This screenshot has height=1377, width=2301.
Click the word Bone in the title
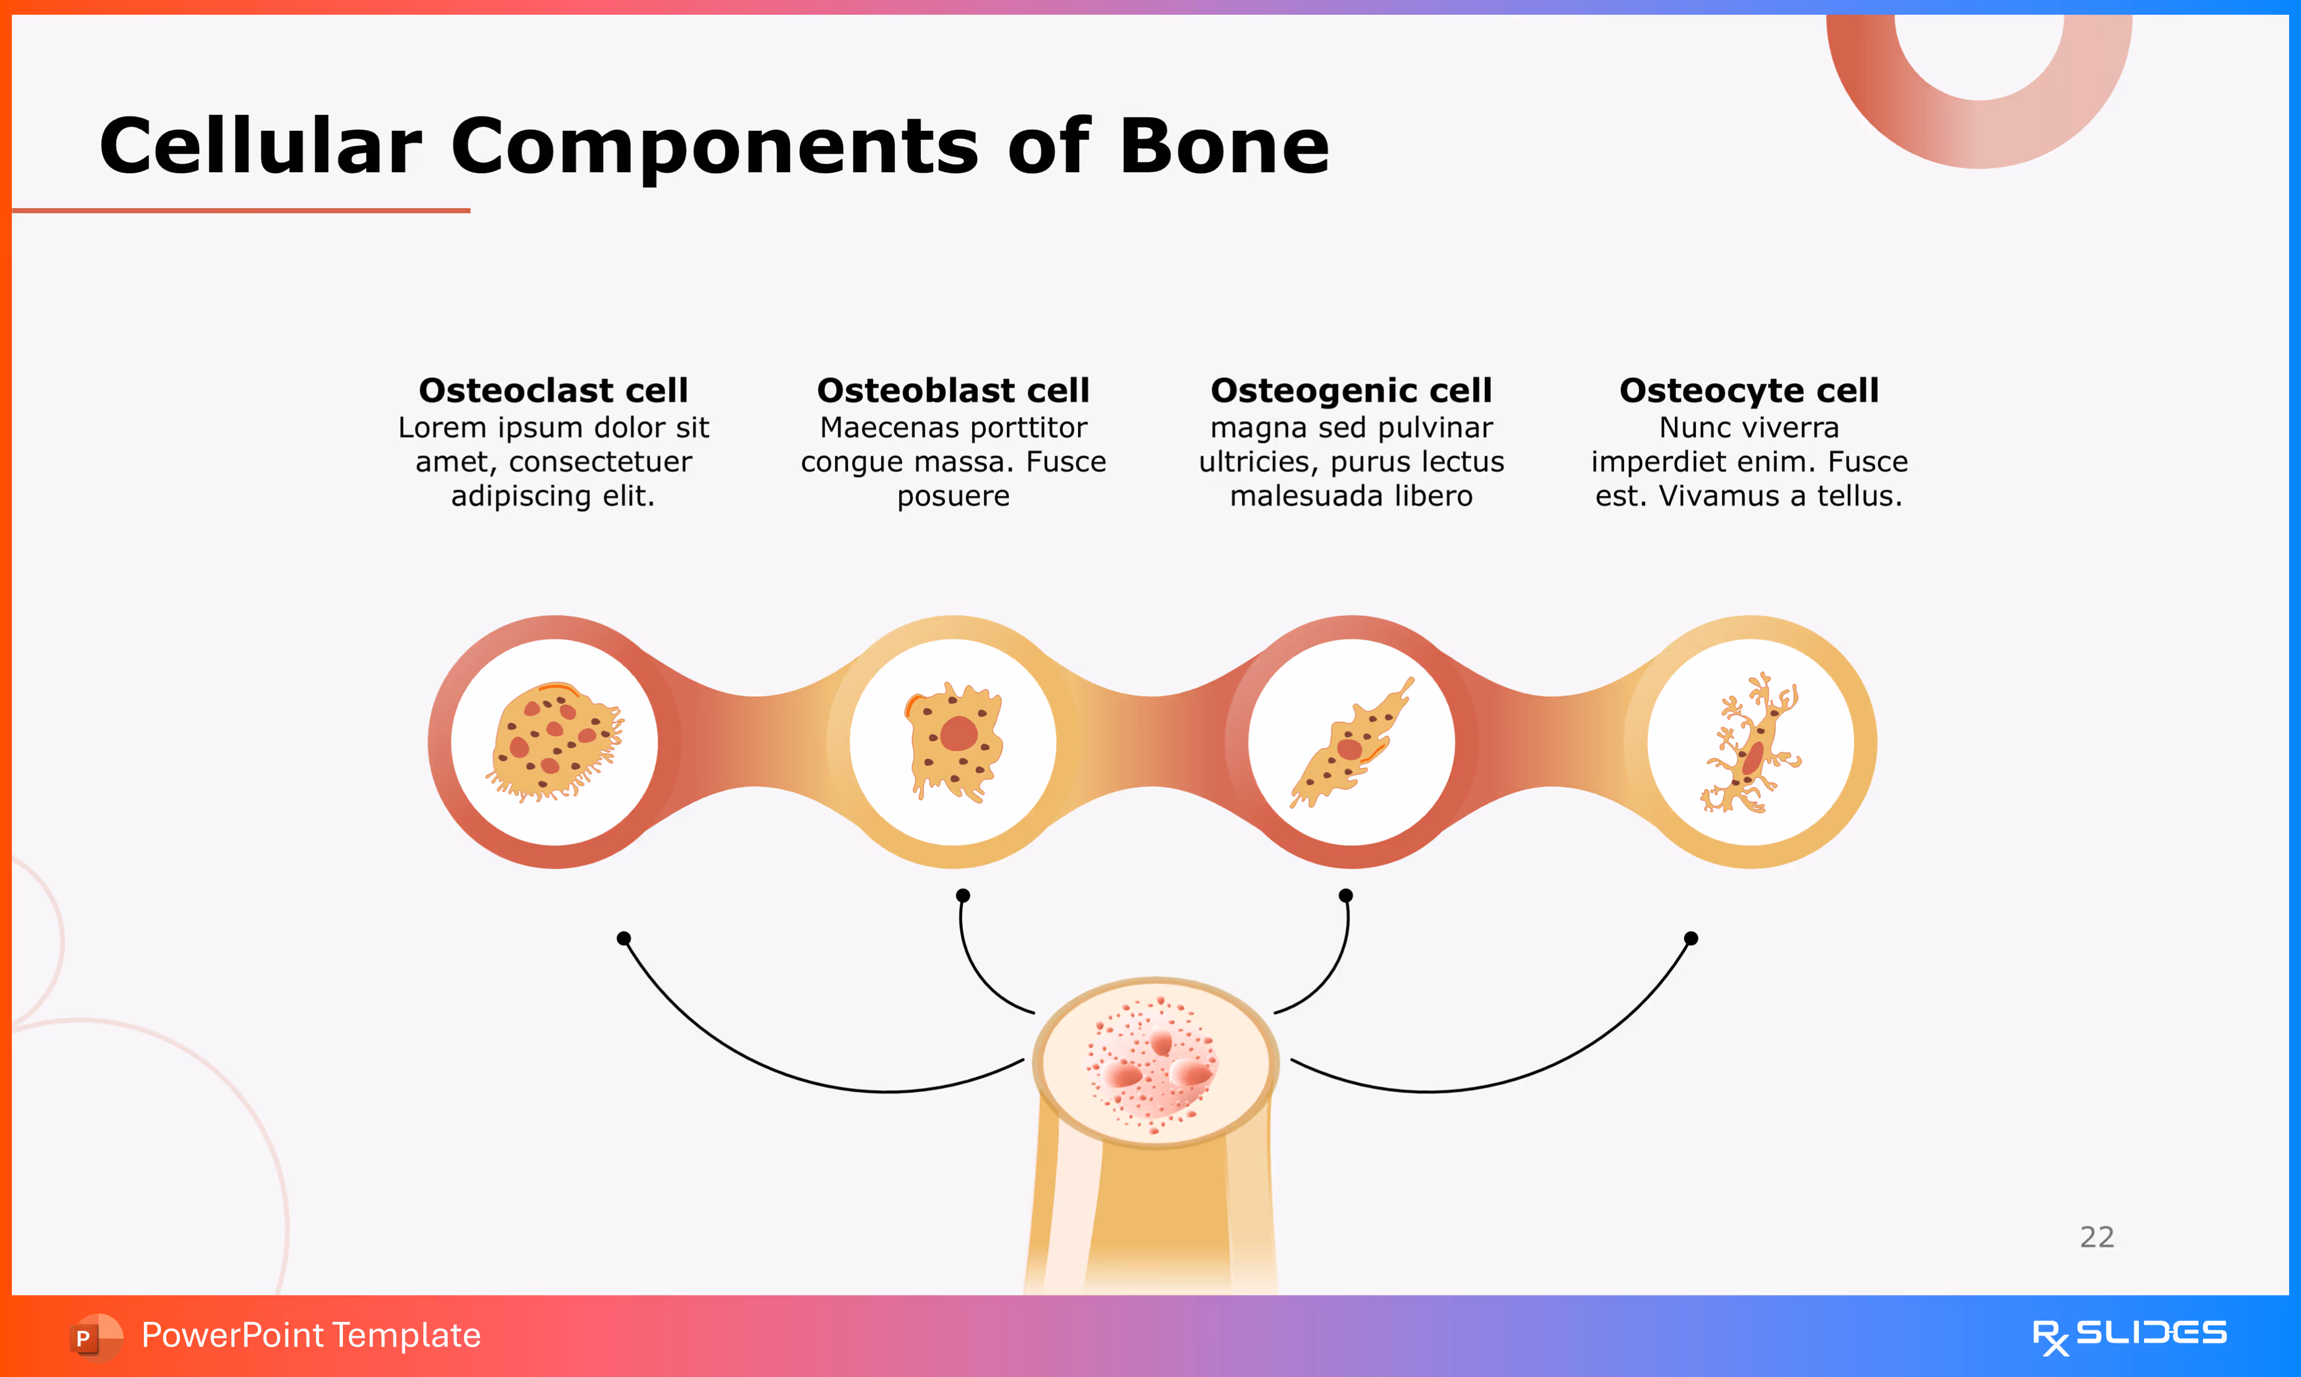point(1225,147)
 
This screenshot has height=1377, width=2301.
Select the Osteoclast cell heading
point(553,390)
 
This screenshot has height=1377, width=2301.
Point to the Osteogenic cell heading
point(1351,390)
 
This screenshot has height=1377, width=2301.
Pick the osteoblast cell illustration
point(954,742)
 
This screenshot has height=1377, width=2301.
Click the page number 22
point(2097,1237)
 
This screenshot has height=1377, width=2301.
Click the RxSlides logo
point(2129,1336)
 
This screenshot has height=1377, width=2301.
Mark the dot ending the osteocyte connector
point(1691,938)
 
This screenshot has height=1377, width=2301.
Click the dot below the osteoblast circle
point(963,895)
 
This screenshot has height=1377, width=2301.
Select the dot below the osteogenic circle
point(1345,895)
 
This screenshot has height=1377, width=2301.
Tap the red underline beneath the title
point(241,211)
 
